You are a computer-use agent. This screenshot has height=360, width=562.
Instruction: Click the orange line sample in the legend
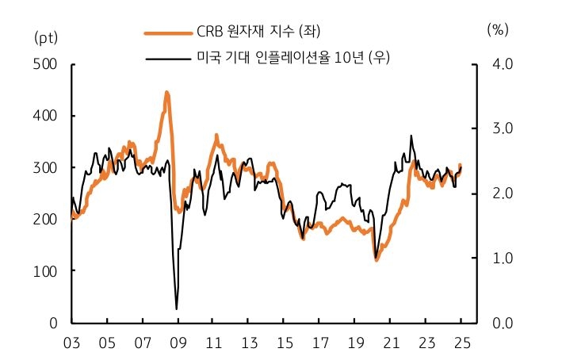(168, 33)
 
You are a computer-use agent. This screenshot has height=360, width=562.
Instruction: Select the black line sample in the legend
(168, 58)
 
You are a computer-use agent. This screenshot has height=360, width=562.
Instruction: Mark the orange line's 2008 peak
(166, 92)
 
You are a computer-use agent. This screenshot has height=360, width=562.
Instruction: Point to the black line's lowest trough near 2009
(176, 309)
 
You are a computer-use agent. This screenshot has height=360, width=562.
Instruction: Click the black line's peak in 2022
(411, 136)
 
